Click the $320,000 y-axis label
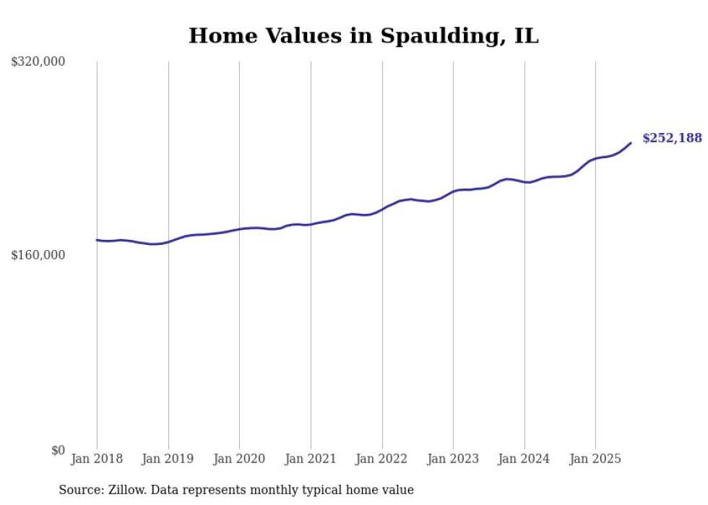click(x=38, y=62)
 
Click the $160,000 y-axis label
click(x=38, y=255)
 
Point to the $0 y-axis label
click(x=58, y=450)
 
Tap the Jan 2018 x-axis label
click(x=97, y=459)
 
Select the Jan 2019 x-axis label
click(x=168, y=459)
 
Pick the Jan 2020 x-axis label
click(x=239, y=459)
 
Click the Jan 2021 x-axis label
click(x=311, y=459)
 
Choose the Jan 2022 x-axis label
click(x=381, y=459)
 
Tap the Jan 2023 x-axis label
click(x=453, y=459)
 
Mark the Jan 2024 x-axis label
click(x=524, y=459)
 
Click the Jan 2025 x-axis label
click(x=595, y=459)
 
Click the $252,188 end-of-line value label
click(x=672, y=138)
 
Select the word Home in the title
click(x=217, y=35)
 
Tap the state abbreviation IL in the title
click(x=526, y=35)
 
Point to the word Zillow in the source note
click(x=124, y=490)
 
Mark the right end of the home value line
click(x=631, y=142)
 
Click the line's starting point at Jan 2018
click(x=97, y=240)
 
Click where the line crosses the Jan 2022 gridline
click(x=381, y=209)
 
